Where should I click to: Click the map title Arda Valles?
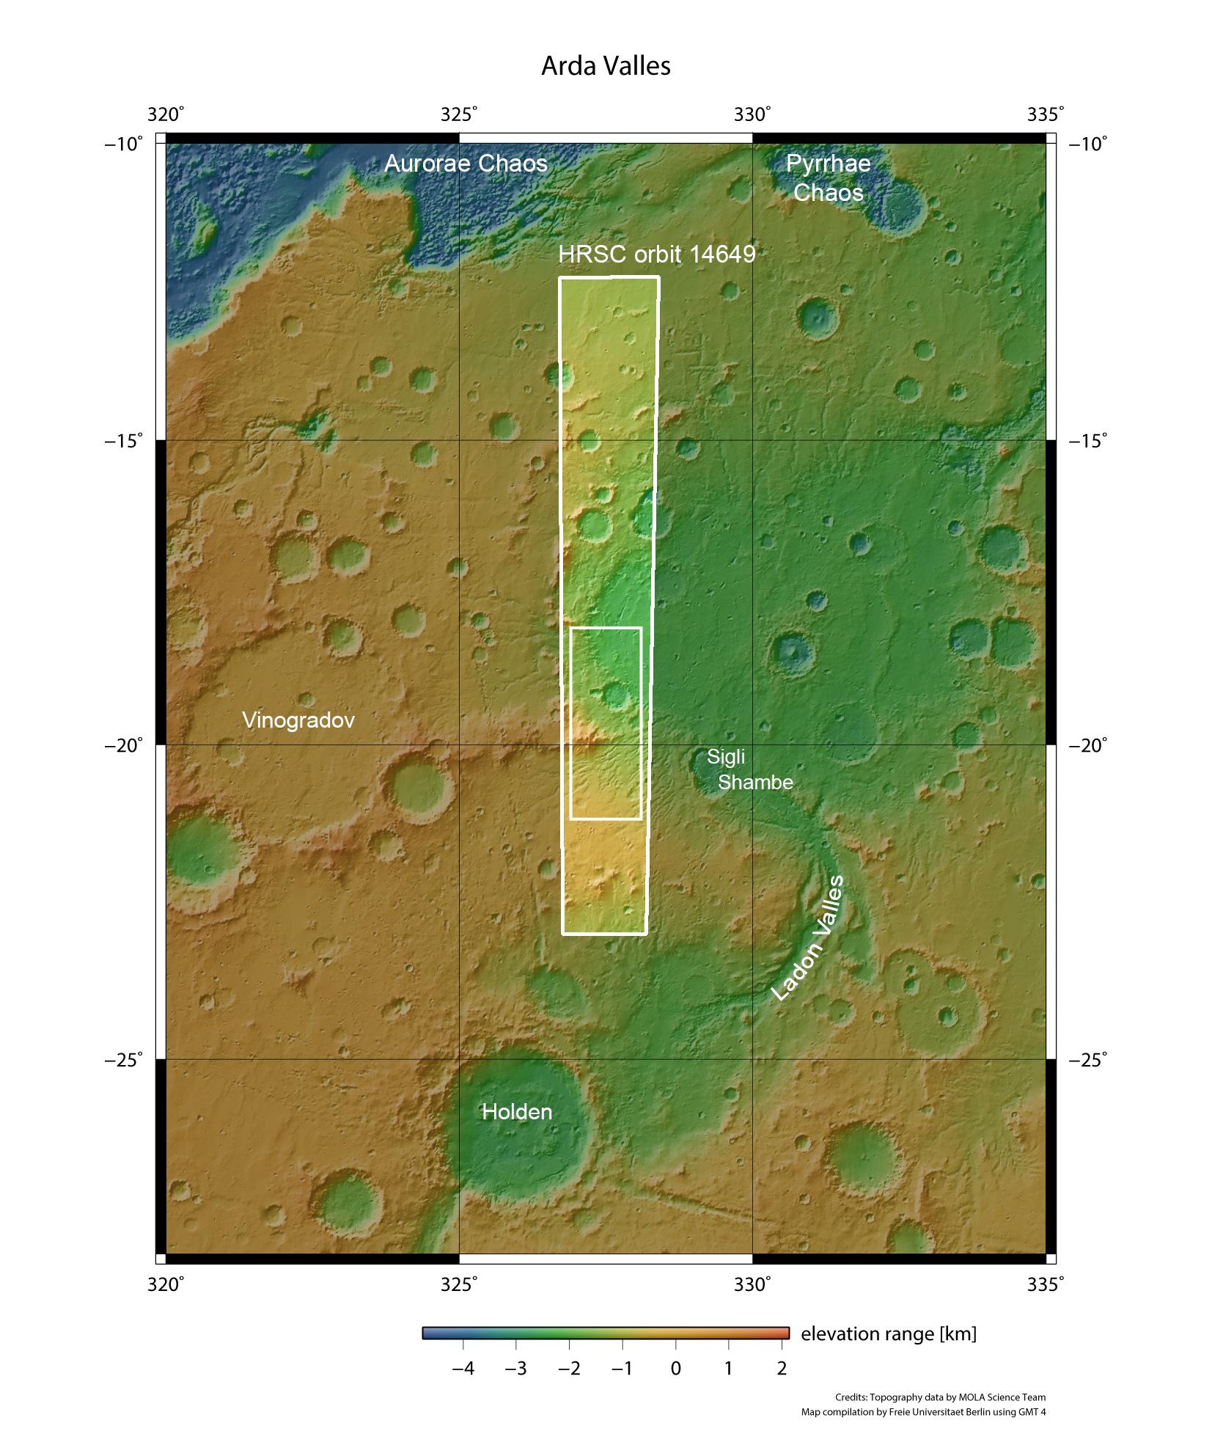tap(606, 66)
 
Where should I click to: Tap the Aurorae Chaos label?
tap(466, 163)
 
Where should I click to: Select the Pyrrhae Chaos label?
tap(828, 178)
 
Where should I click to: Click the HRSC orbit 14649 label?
tap(656, 255)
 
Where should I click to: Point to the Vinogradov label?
tap(298, 720)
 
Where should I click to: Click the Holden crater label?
tap(516, 1111)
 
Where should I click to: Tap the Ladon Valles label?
tap(808, 938)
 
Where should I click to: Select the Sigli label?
tap(725, 757)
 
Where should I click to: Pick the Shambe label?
tap(755, 782)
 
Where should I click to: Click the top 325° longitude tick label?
tap(459, 114)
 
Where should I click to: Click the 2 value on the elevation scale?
tap(782, 1368)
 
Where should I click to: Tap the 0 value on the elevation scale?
tap(675, 1368)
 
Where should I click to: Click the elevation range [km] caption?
tap(888, 1334)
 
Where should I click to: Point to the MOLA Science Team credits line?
tap(940, 1397)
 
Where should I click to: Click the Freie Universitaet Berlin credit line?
tap(923, 1412)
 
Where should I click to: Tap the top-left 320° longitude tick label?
tap(166, 114)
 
